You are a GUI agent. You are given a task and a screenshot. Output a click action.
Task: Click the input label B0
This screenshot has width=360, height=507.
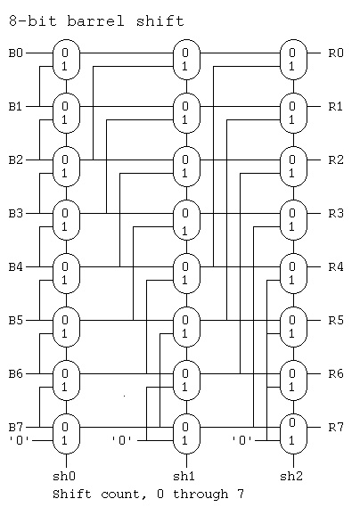(16, 53)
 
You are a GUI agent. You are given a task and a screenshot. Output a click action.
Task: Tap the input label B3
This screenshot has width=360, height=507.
(16, 214)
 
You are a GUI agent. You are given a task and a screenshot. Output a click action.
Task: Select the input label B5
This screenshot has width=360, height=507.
(16, 321)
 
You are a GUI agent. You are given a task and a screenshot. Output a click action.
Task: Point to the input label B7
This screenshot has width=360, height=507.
(16, 427)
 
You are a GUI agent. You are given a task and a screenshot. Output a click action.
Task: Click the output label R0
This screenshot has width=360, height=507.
(336, 53)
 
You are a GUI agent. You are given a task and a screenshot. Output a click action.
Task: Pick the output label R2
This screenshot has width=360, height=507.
(336, 159)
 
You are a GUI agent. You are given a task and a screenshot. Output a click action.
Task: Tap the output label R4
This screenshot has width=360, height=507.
(336, 266)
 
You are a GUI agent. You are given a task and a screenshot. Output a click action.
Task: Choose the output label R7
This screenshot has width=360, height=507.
(336, 427)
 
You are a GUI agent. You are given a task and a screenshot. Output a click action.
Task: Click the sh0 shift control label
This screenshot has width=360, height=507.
(64, 476)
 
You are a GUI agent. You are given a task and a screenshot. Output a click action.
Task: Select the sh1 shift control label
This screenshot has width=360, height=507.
(184, 476)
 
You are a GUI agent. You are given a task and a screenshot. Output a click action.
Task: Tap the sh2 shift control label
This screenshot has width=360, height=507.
(291, 476)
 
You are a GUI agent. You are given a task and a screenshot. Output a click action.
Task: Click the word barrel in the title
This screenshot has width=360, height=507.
(95, 21)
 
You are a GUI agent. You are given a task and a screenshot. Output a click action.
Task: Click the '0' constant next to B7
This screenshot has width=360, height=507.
(20, 440)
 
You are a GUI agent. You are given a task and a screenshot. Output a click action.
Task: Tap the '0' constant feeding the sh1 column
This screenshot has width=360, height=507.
(122, 440)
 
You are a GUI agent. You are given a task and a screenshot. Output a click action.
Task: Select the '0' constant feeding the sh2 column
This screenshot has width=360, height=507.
(242, 440)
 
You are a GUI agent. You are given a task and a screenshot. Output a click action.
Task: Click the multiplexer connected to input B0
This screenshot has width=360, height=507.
(66, 60)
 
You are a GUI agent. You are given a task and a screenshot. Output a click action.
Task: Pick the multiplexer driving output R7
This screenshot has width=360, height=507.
(293, 434)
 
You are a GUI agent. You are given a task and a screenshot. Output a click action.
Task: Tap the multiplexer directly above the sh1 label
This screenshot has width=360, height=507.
(186, 434)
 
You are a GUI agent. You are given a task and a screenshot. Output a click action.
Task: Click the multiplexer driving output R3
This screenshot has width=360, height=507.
(293, 220)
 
